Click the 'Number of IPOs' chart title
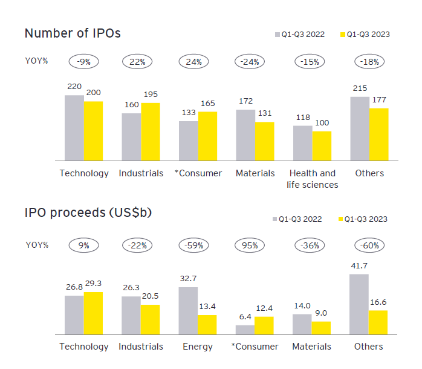(x=73, y=33)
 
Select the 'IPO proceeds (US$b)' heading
(x=88, y=213)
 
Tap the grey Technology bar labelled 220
(x=74, y=128)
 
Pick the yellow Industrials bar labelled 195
(x=151, y=131)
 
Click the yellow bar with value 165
(x=207, y=136)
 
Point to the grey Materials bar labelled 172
(x=245, y=135)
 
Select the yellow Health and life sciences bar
(x=322, y=145)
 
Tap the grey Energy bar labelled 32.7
(x=188, y=310)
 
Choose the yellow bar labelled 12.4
(x=264, y=325)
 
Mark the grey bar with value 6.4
(x=245, y=330)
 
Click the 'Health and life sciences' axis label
(x=312, y=179)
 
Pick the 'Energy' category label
(x=198, y=347)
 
